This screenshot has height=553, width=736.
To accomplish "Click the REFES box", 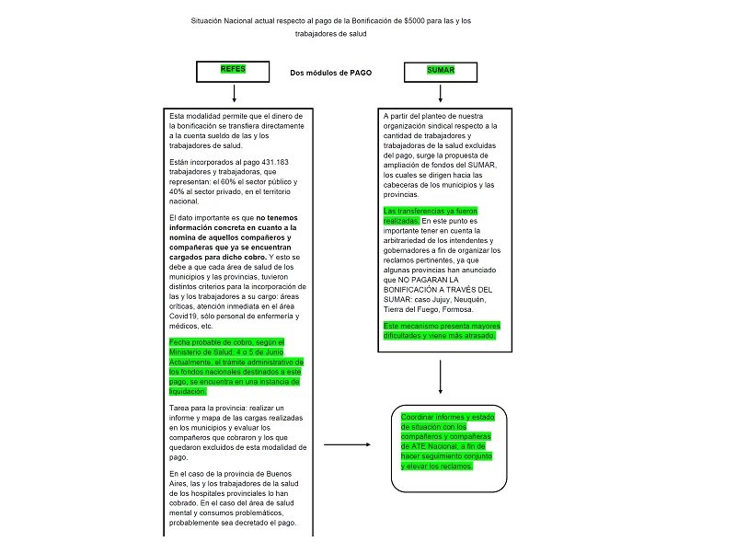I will (234, 71).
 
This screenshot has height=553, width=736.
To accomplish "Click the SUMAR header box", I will (441, 71).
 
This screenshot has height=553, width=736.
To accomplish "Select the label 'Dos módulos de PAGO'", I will (330, 72).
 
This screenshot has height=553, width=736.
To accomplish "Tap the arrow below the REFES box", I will (235, 93).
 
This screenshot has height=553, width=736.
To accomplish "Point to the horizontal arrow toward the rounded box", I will (347, 444).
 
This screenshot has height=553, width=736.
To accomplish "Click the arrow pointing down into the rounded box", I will (441, 378).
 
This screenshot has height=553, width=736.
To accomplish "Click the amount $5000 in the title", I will (416, 20).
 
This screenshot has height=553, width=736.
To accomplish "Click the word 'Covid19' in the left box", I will (186, 316).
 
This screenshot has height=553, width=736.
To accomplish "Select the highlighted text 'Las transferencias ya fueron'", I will (430, 211).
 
